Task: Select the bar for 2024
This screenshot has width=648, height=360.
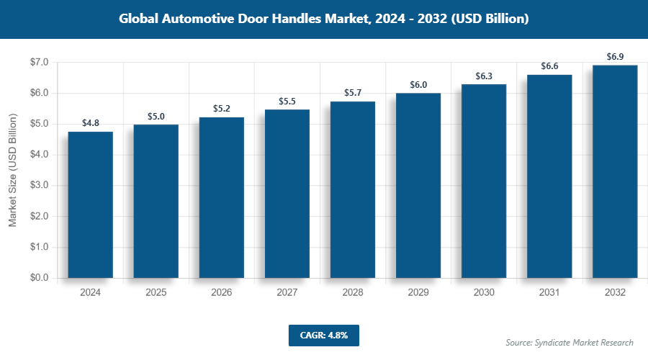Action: [90, 204]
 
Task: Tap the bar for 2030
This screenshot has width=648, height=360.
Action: [484, 181]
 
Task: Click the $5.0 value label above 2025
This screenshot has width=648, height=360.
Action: [156, 116]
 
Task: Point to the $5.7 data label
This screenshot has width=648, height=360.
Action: [352, 93]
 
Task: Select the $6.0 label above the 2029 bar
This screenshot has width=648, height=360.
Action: [418, 84]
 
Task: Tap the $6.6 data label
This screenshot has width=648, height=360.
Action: [549, 66]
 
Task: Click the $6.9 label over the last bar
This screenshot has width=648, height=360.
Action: [615, 57]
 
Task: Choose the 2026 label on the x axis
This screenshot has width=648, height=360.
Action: [221, 293]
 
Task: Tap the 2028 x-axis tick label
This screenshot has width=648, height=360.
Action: [352, 293]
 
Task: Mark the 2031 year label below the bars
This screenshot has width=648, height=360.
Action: [549, 293]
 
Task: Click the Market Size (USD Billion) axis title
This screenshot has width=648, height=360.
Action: [12, 171]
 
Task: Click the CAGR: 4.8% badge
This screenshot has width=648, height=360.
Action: [323, 335]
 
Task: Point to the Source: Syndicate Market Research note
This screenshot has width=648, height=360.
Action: [569, 342]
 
